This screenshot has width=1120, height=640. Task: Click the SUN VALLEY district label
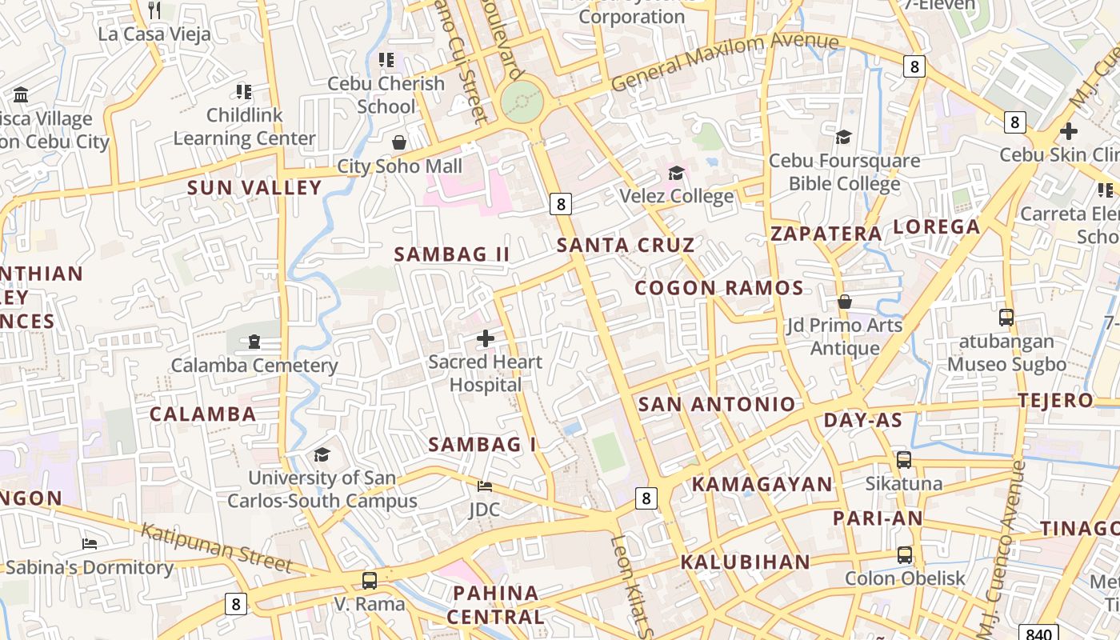[254, 188]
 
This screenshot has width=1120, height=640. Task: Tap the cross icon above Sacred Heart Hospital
[486, 338]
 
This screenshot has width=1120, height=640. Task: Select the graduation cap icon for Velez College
[676, 173]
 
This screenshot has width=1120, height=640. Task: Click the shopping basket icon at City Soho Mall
[398, 142]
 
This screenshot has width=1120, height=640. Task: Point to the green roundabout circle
[522, 102]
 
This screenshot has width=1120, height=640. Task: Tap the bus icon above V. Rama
[369, 580]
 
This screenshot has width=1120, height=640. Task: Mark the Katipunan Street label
[217, 548]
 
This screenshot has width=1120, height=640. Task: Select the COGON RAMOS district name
[718, 288]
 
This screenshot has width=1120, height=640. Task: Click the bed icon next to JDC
[485, 486]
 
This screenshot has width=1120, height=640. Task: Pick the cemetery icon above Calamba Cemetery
[254, 342]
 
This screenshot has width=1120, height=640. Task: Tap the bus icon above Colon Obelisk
[904, 554]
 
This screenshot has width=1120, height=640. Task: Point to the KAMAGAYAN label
[762, 484]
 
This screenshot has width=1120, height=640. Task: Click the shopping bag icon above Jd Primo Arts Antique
[844, 302]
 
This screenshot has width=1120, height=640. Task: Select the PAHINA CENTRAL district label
[495, 605]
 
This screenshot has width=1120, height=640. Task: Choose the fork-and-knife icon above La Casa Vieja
[155, 10]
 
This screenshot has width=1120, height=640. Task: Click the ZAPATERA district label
[826, 234]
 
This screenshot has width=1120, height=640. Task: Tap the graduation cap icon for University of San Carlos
[322, 454]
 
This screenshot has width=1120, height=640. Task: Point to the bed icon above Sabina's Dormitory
[90, 544]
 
